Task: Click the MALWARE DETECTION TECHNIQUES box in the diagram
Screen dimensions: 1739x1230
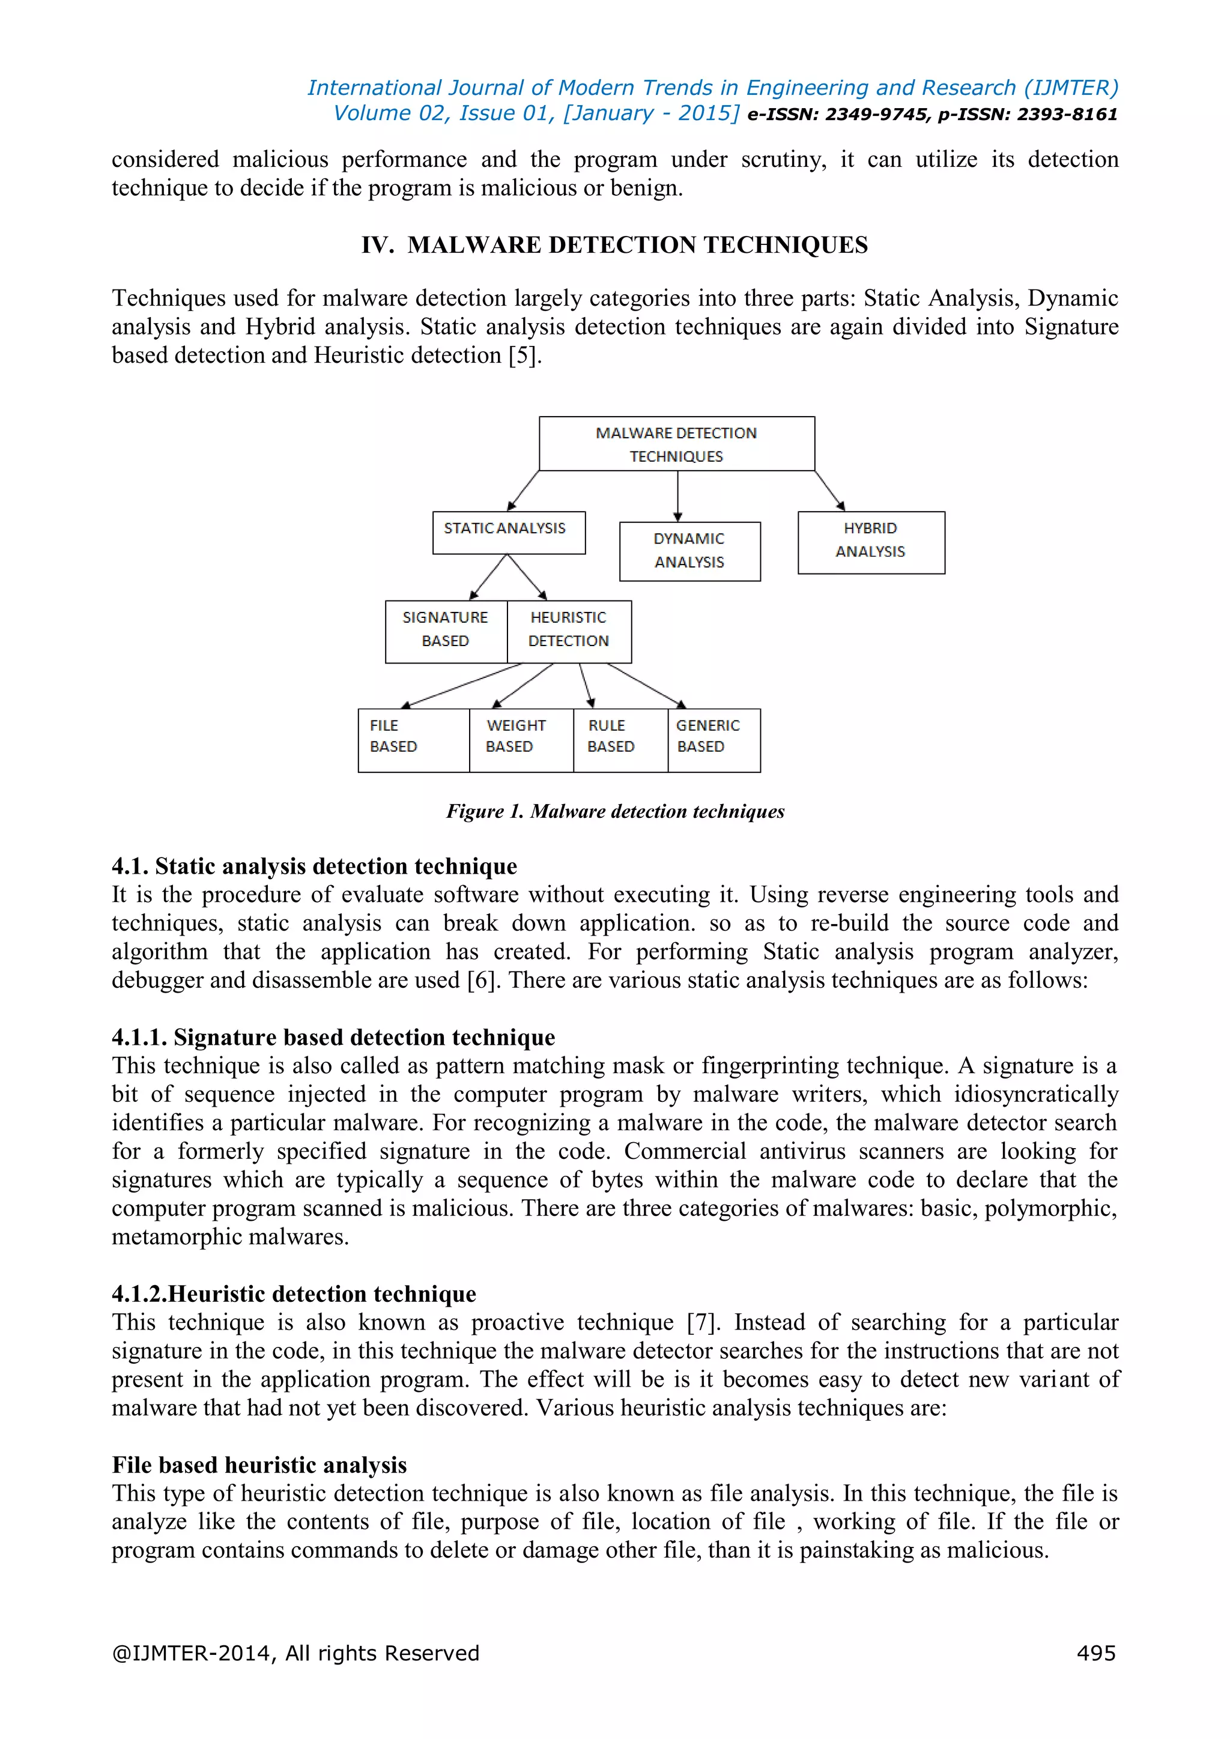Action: (x=676, y=444)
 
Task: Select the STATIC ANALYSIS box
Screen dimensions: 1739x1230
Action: (x=508, y=533)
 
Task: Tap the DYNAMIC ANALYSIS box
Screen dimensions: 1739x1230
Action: (x=689, y=551)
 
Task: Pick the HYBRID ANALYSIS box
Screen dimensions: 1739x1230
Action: (x=871, y=542)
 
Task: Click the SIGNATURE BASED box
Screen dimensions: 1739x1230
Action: (x=446, y=631)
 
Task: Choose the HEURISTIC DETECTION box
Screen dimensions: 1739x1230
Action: (x=569, y=631)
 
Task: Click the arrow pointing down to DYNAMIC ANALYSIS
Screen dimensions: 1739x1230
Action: (x=677, y=495)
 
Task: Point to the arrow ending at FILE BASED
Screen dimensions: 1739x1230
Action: (x=462, y=685)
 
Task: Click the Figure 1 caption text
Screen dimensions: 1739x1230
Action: (x=615, y=811)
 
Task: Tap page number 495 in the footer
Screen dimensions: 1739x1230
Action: (x=1095, y=1653)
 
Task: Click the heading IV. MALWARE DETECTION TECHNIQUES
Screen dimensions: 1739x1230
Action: (x=614, y=246)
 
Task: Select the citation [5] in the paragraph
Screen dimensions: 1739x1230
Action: (x=523, y=355)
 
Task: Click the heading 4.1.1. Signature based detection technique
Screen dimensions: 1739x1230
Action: (x=333, y=1037)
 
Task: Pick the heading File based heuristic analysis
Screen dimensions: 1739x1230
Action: (x=259, y=1464)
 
